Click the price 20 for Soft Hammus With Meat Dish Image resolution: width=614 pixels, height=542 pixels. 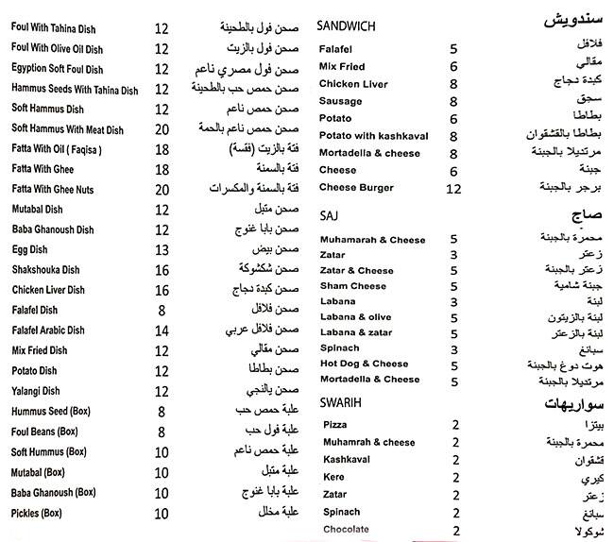coord(161,128)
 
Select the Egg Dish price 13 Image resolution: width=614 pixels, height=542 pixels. coord(161,249)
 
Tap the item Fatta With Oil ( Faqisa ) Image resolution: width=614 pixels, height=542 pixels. coord(55,149)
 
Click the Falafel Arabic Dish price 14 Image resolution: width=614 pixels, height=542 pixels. coord(161,330)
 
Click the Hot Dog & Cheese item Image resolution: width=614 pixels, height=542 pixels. coord(364,364)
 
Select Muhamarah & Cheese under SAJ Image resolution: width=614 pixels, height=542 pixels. coord(372,240)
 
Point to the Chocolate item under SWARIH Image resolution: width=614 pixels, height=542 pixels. coord(346,530)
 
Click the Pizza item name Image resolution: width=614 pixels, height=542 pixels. coord(335,425)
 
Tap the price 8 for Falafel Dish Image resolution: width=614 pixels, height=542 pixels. coord(162,310)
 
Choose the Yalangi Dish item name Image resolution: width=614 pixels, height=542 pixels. coord(37,391)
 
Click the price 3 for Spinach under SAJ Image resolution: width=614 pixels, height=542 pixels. coord(454,348)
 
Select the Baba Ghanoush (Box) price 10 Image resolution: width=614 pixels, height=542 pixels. coord(161,492)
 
